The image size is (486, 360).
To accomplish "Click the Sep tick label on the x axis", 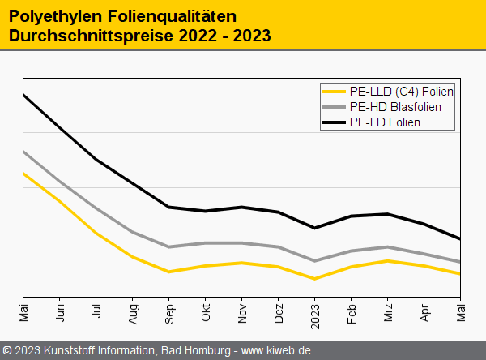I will [x=169, y=313].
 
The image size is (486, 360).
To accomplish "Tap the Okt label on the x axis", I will [x=206, y=313].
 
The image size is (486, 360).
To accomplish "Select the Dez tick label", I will [x=279, y=313].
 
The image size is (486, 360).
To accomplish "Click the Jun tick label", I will [x=60, y=313].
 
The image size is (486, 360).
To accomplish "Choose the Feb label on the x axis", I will [x=352, y=313].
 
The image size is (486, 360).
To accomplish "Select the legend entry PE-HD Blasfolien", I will [x=396, y=106].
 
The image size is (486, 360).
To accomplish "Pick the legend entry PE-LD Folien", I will [x=386, y=122].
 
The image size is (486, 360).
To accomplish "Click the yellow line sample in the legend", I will [x=334, y=91].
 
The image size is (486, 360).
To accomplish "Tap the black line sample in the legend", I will [x=334, y=122].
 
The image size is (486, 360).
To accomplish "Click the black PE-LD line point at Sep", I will [x=169, y=207].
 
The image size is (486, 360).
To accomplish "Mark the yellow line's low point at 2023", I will [x=315, y=279].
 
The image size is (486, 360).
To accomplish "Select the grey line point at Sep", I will [x=169, y=246].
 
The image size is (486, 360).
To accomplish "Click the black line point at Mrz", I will [x=388, y=214].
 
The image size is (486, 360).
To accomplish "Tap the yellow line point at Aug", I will [x=133, y=256].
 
